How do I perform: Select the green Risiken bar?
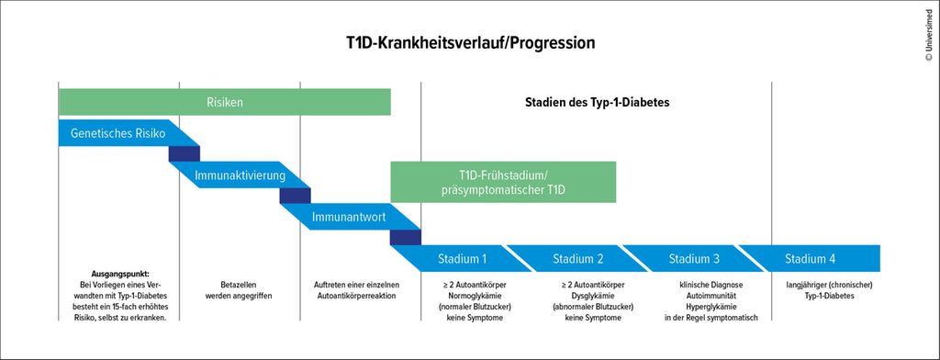click(224, 102)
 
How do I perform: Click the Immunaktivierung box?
click(240, 174)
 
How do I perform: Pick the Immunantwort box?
click(351, 217)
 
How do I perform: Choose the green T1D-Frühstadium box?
click(503, 182)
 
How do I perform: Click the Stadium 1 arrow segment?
click(463, 259)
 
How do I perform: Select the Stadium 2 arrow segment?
click(578, 259)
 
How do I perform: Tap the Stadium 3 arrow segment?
click(694, 259)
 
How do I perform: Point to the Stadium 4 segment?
click(810, 259)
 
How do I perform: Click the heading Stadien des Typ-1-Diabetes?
click(597, 102)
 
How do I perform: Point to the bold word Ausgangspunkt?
click(120, 273)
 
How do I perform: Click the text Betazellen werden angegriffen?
click(240, 290)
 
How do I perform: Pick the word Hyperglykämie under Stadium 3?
click(711, 307)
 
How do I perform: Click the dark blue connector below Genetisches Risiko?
click(184, 153)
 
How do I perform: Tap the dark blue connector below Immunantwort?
click(405, 238)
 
